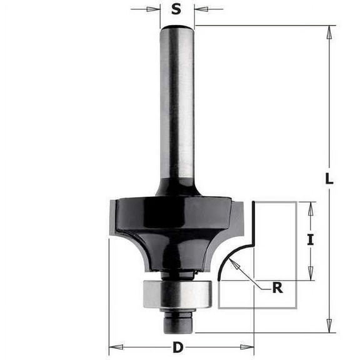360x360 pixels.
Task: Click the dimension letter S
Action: (x=177, y=9)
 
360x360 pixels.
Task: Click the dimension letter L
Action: (x=329, y=178)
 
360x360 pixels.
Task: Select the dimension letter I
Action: (x=311, y=238)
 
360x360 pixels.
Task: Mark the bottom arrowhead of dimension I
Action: (x=311, y=274)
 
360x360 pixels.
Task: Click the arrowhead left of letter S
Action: (x=154, y=9)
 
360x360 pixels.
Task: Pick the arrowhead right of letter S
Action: (x=200, y=9)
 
